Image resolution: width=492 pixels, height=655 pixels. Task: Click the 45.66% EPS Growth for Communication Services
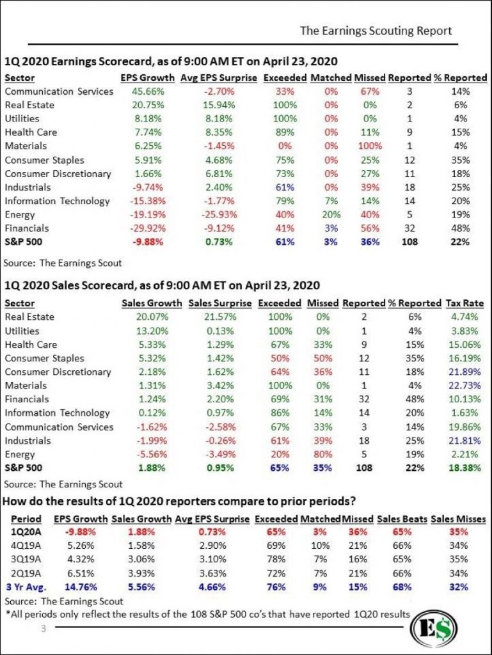148,91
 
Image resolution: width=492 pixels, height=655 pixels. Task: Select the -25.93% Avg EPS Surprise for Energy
219,215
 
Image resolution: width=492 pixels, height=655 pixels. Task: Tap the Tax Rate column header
465,303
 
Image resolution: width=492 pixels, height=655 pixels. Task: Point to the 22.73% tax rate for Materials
464,385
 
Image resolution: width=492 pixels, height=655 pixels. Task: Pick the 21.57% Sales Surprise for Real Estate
220,317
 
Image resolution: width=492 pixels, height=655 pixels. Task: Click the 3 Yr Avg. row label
26,587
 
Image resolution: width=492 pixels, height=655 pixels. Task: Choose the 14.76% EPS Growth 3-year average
81,587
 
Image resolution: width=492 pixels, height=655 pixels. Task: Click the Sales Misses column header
458,519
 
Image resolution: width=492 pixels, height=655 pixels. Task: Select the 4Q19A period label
26,546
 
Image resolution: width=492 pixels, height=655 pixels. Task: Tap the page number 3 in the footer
44,628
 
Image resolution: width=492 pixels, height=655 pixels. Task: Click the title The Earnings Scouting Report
376,31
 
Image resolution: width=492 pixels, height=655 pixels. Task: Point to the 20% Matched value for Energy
331,215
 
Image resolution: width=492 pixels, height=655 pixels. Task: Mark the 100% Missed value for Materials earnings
370,146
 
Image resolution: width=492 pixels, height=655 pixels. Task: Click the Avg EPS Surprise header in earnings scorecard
219,78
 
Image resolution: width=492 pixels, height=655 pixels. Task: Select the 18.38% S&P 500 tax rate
464,468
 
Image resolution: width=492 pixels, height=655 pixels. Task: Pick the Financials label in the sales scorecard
27,399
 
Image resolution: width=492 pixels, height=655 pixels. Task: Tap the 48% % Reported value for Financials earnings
460,228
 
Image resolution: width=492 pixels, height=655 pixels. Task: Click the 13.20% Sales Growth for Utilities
152,331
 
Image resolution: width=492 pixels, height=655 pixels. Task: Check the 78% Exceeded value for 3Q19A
276,559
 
